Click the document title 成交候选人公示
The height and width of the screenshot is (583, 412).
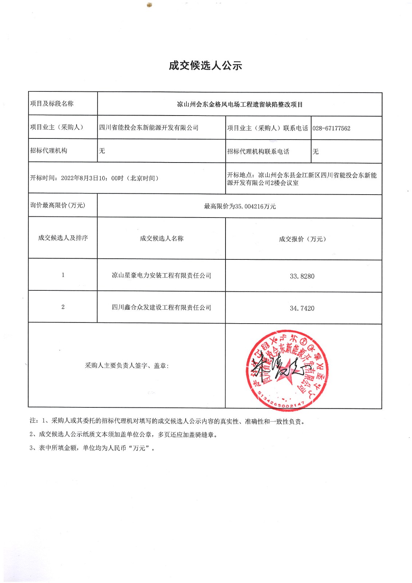click(205, 66)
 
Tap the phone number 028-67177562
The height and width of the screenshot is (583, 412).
click(331, 128)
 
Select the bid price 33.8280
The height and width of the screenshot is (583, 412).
click(302, 276)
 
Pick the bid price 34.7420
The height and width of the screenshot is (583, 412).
click(302, 308)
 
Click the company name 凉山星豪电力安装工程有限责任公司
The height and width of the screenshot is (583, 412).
click(161, 275)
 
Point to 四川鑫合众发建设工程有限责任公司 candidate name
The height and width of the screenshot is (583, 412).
click(161, 308)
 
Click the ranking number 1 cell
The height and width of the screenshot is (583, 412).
click(63, 275)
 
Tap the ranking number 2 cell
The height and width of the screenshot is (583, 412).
click(63, 307)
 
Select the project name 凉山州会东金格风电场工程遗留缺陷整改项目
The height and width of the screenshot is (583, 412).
click(240, 105)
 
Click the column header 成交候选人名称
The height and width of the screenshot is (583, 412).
click(161, 238)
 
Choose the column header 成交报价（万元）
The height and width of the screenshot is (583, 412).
click(302, 239)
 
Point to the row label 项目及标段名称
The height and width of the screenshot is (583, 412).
click(52, 104)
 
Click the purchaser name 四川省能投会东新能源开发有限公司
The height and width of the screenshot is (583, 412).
click(149, 128)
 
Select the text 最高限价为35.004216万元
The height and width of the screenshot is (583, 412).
click(240, 206)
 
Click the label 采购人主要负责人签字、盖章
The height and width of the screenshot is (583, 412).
click(127, 365)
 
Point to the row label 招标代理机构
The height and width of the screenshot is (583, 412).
click(48, 150)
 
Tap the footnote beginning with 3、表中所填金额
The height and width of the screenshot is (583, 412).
click(92, 448)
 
